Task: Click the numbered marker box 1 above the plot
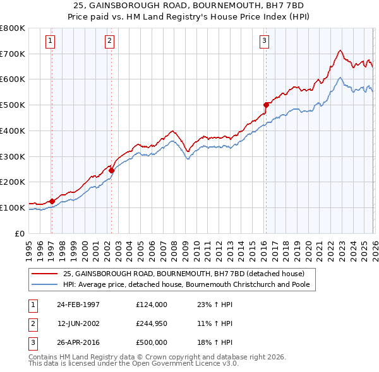[x=51, y=42]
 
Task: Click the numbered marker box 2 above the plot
[x=110, y=42]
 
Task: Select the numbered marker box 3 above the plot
[x=264, y=42]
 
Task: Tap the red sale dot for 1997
[x=52, y=201]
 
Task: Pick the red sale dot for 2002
[x=111, y=170]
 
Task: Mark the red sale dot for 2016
[x=266, y=105]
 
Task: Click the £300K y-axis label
[x=13, y=156]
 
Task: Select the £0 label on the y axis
[x=19, y=233]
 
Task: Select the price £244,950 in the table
[x=152, y=323]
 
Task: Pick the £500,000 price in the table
[x=152, y=342]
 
